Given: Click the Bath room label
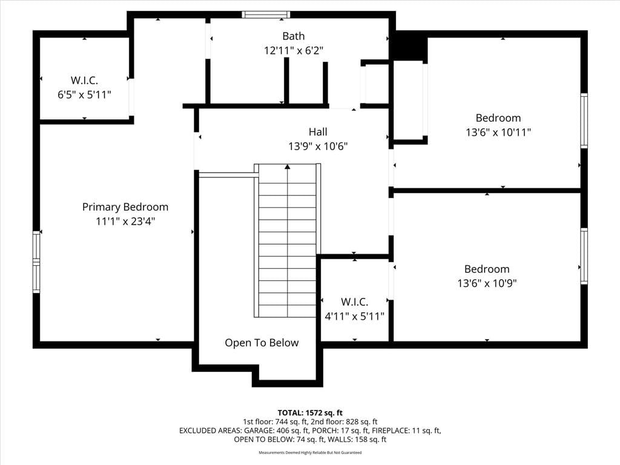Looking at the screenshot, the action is click(x=294, y=36).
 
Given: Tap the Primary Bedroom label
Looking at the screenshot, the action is click(x=125, y=207).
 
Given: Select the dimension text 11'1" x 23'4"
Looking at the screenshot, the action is click(x=125, y=221).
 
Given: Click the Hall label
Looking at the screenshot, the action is click(x=318, y=131).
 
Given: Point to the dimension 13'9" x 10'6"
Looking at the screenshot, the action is click(x=318, y=147).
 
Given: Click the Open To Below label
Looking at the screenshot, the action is click(x=262, y=343).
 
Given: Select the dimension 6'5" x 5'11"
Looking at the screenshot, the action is click(x=84, y=95).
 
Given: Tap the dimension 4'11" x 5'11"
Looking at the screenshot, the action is click(x=354, y=316).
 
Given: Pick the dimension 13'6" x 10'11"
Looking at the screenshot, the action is click(x=498, y=132).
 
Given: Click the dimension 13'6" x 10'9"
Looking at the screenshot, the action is click(x=487, y=283).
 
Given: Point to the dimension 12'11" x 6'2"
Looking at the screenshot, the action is click(x=294, y=51).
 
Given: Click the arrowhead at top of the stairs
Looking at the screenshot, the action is click(x=288, y=167).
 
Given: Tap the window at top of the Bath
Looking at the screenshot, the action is click(x=266, y=15).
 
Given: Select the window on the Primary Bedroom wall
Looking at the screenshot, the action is click(x=36, y=262).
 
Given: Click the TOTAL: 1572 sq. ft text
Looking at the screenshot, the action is click(x=310, y=413).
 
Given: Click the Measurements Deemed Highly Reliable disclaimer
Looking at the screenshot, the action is click(x=310, y=452).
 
